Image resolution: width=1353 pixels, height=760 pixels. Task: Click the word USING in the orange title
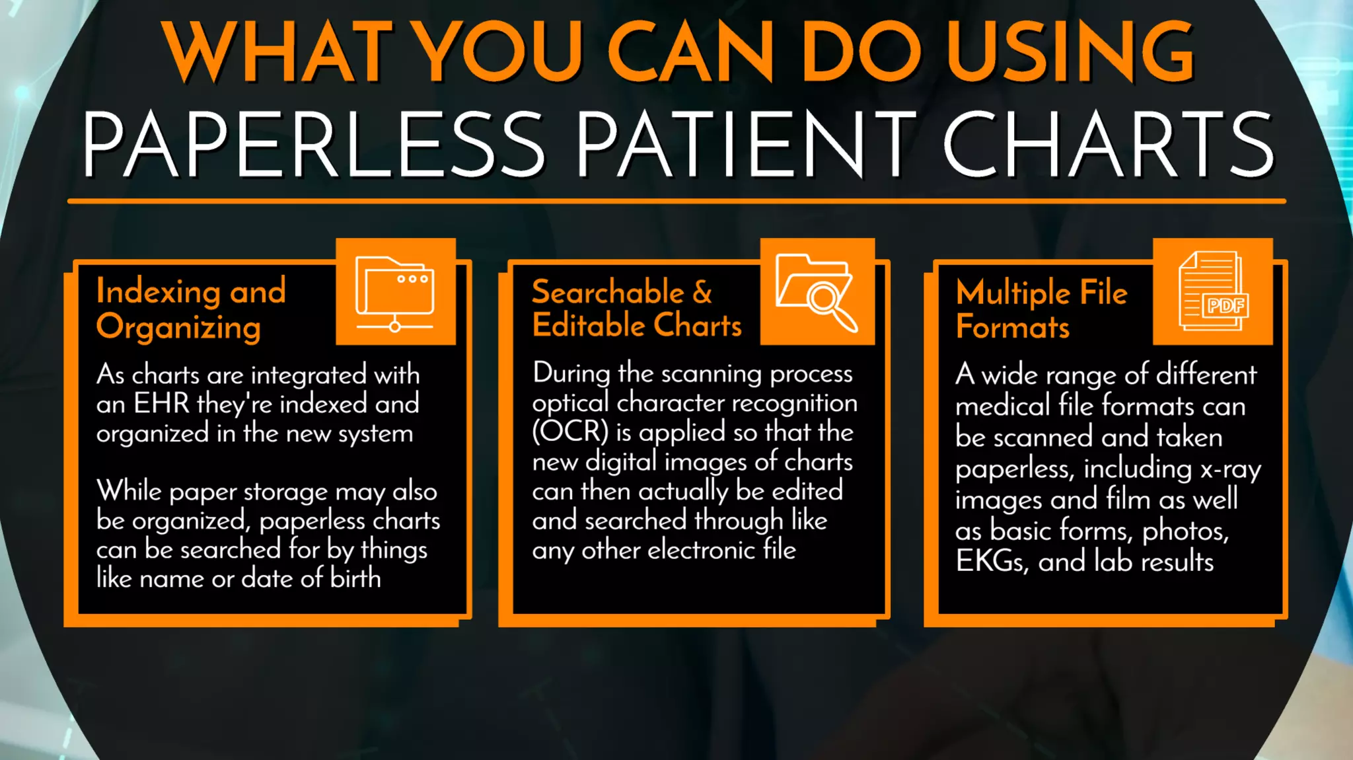1070,52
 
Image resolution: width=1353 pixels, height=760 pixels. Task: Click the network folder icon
395,293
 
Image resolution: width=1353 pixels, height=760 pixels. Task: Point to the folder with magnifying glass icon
817,291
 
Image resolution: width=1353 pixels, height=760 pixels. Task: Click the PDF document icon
1213,291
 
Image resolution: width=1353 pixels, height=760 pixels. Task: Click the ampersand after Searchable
702,292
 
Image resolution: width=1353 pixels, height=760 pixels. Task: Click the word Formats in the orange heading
1012,327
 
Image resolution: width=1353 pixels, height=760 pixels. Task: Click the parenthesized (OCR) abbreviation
570,432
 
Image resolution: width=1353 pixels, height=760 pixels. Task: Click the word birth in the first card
355,578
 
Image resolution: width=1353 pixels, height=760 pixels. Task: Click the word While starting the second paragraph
129,491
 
